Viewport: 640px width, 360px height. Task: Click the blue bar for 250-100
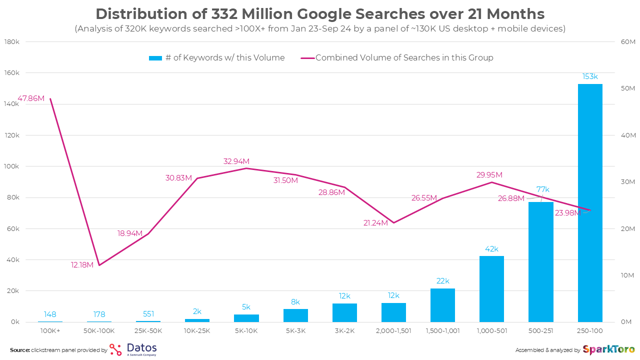(x=590, y=202)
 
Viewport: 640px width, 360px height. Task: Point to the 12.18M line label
(x=82, y=265)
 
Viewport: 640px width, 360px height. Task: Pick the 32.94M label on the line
(x=236, y=161)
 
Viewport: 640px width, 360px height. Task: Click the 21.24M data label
(x=375, y=223)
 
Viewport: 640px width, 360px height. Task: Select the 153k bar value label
(x=590, y=76)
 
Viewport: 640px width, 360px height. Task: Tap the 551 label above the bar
(x=148, y=314)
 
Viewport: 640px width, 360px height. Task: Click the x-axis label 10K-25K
(x=197, y=331)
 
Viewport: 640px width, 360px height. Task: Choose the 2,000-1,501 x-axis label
(x=393, y=331)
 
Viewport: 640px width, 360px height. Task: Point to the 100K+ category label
(x=50, y=331)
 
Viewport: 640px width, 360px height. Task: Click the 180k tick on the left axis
(x=11, y=41)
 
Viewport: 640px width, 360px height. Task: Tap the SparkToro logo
(x=609, y=349)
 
